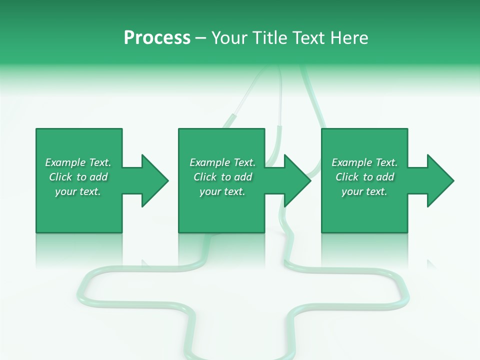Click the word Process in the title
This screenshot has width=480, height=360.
[157, 38]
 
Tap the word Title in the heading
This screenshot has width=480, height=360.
[270, 38]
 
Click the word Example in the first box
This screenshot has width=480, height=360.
[65, 162]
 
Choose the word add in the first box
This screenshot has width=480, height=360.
[98, 177]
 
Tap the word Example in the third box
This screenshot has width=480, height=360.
[352, 162]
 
